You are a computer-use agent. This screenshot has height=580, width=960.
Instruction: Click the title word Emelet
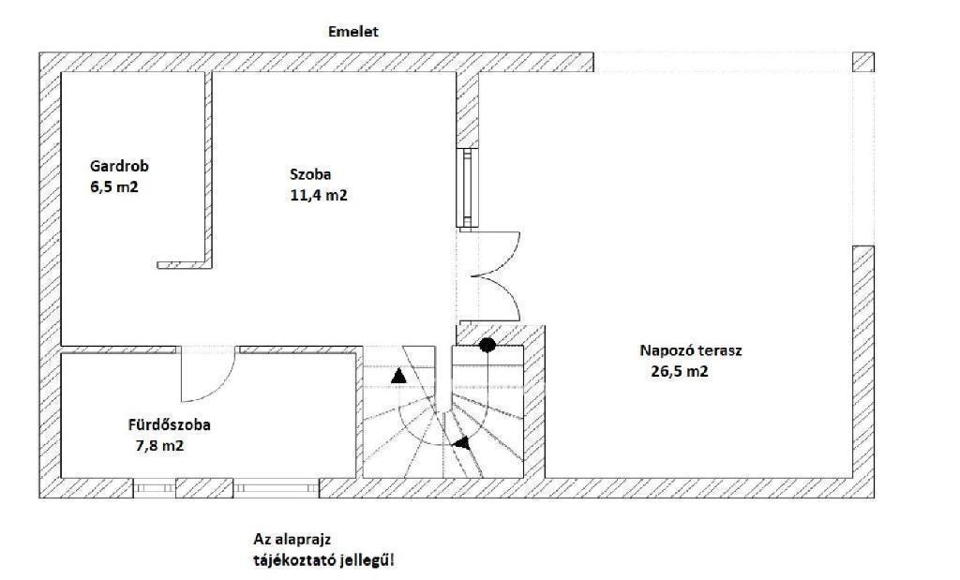click(x=353, y=31)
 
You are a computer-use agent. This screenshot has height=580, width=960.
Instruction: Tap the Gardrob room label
click(x=119, y=166)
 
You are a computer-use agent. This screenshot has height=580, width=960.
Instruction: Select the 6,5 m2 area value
click(x=114, y=186)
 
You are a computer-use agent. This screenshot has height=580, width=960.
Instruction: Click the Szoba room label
click(x=310, y=174)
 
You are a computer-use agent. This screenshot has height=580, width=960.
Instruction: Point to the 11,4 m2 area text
click(x=319, y=195)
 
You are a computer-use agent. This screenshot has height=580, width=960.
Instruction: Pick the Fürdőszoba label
click(x=169, y=424)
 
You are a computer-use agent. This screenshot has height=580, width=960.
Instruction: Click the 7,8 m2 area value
click(x=159, y=445)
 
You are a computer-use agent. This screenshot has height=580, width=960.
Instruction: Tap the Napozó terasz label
click(x=691, y=350)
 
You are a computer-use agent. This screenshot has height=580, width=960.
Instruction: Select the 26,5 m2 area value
click(x=680, y=371)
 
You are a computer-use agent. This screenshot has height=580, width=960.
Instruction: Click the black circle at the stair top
click(x=487, y=345)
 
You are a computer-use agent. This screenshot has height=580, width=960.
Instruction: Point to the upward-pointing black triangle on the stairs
click(x=398, y=376)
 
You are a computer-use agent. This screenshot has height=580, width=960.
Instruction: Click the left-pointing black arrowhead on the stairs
click(x=461, y=443)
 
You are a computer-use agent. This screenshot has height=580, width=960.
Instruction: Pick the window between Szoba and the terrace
click(x=467, y=188)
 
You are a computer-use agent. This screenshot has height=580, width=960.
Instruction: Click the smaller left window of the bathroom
click(x=155, y=487)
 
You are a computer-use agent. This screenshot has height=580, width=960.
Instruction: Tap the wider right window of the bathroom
click(x=277, y=487)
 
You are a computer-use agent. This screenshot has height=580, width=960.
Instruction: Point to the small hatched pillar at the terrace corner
click(x=863, y=63)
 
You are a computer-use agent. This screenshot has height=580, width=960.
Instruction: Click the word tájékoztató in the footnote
click(x=290, y=559)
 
